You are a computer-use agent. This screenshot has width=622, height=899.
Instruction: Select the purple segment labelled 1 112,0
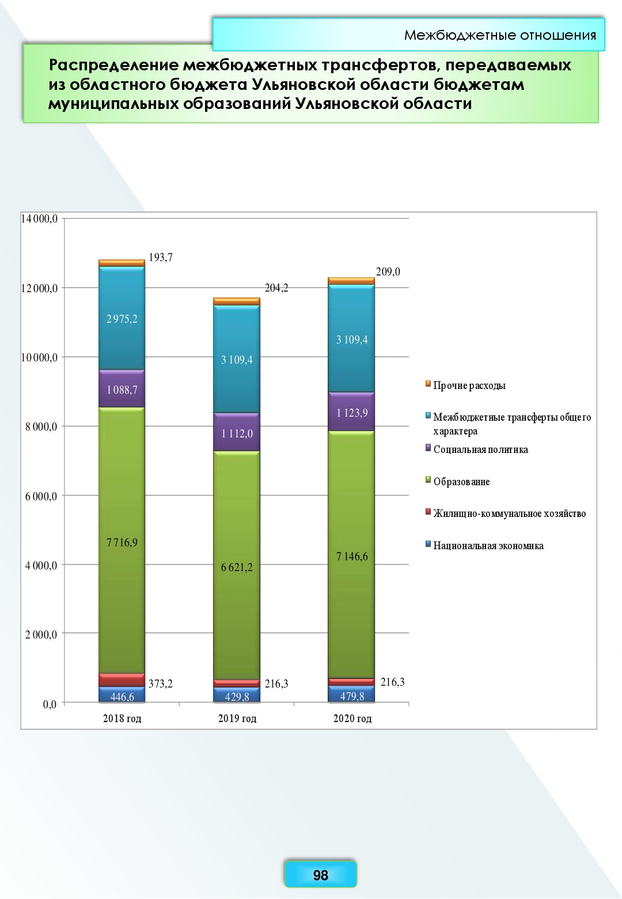point(237,433)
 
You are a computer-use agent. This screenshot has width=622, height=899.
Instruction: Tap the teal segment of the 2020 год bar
point(351,339)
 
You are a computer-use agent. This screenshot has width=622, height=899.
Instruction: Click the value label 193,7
point(161,258)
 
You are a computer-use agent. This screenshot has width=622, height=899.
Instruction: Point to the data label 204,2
point(276,288)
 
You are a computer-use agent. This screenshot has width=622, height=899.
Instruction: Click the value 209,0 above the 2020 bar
point(388,271)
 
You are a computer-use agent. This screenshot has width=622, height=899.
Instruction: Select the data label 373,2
point(161,684)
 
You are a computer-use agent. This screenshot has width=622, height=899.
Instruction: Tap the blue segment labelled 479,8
point(352,696)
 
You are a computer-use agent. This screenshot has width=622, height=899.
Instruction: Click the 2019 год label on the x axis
point(237,719)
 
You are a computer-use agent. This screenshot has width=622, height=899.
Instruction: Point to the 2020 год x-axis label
point(352,719)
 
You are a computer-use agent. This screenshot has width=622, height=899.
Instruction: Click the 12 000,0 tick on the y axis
point(39,288)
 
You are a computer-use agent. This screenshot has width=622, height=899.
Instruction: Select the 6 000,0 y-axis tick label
point(41,496)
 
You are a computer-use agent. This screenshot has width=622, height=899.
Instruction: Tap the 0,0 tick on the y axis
point(50,704)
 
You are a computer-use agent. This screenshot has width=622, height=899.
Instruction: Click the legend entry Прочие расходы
point(469,386)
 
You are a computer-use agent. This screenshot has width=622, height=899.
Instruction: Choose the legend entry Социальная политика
point(480,449)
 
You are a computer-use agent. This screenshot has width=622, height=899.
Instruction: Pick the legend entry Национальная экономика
point(488,546)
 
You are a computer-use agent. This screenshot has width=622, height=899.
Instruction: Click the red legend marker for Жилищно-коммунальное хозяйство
point(428,512)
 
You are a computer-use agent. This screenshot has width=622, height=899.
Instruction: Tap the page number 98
point(321,875)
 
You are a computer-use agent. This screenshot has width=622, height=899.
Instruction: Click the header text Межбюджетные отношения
point(500,35)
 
